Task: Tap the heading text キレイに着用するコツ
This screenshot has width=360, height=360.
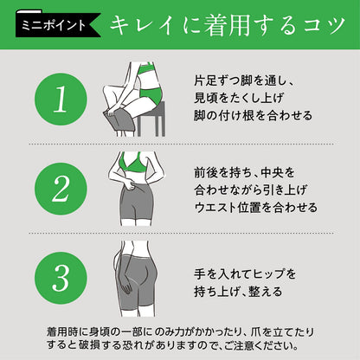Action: [x=228, y=25]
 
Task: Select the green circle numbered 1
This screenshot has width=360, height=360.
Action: [x=61, y=100]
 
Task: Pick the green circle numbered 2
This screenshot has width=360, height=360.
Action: [x=61, y=189]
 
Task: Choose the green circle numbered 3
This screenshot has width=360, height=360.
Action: [x=61, y=278]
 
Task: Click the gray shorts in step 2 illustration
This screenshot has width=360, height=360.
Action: [x=136, y=202]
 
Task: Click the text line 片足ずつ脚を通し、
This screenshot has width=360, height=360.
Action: [x=244, y=80]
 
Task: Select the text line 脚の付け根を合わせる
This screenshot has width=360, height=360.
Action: [x=253, y=115]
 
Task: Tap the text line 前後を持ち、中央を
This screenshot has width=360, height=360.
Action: [x=244, y=172]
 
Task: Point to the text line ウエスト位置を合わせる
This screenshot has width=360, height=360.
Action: [x=256, y=207]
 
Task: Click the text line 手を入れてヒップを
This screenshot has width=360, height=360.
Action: [x=245, y=273]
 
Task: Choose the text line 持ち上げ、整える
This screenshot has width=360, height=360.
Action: [x=238, y=291]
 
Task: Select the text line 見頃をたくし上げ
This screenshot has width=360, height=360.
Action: [x=239, y=98]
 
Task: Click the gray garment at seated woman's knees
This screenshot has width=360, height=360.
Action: [x=119, y=120]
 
